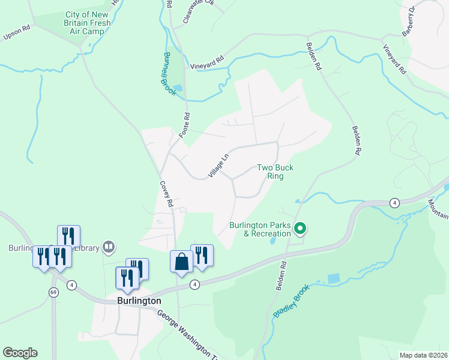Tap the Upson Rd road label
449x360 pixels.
click(16, 31)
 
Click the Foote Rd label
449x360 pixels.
click(186, 124)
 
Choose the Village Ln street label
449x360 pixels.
click(219, 166)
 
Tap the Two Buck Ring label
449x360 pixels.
click(276, 172)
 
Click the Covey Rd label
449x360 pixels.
click(166, 194)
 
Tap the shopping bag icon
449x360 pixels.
click(182, 261)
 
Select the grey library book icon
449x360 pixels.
click(109, 246)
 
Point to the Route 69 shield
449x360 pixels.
click(53, 292)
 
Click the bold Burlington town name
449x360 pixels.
click(138, 301)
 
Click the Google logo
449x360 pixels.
click(20, 353)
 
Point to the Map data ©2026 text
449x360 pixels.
click(423, 355)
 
